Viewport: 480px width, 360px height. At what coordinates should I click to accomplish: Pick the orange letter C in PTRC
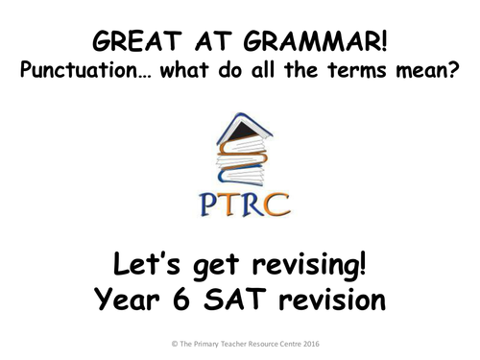[x=278, y=204]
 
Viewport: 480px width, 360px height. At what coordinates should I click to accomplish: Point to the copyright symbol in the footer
[x=138, y=342]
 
